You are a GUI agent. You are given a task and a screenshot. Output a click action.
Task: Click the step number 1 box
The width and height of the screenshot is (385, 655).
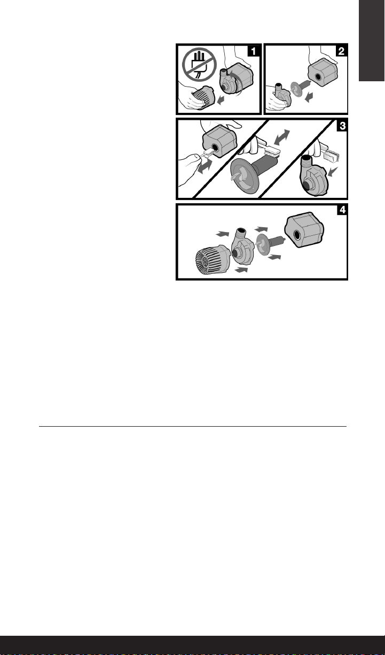coord(253,51)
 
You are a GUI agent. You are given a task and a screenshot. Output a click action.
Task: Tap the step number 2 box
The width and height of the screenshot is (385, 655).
coord(341,51)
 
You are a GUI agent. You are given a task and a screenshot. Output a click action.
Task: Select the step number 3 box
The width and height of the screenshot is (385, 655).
coord(342,126)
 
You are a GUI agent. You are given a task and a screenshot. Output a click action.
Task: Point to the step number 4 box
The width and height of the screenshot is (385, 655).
coord(342,210)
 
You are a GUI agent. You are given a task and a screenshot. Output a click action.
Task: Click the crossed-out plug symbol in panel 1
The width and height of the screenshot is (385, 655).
coord(200,65)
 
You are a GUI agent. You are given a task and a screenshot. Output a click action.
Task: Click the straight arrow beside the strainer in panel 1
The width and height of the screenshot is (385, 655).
coord(221,101)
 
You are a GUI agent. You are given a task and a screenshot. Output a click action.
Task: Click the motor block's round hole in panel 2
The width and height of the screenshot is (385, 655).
coord(318,77)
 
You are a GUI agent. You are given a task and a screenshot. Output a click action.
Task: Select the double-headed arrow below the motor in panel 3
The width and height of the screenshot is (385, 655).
coord(204,167)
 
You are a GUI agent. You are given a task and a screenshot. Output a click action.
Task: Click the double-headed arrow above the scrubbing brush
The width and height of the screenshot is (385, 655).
coord(282,137)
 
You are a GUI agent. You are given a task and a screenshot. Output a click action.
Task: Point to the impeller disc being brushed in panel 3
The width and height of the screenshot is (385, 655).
coord(245,177)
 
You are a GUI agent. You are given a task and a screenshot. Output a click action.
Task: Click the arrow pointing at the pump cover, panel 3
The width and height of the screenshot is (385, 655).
coord(333,172)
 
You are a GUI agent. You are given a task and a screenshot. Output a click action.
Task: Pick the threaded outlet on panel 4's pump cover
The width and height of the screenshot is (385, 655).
coord(241,233)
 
